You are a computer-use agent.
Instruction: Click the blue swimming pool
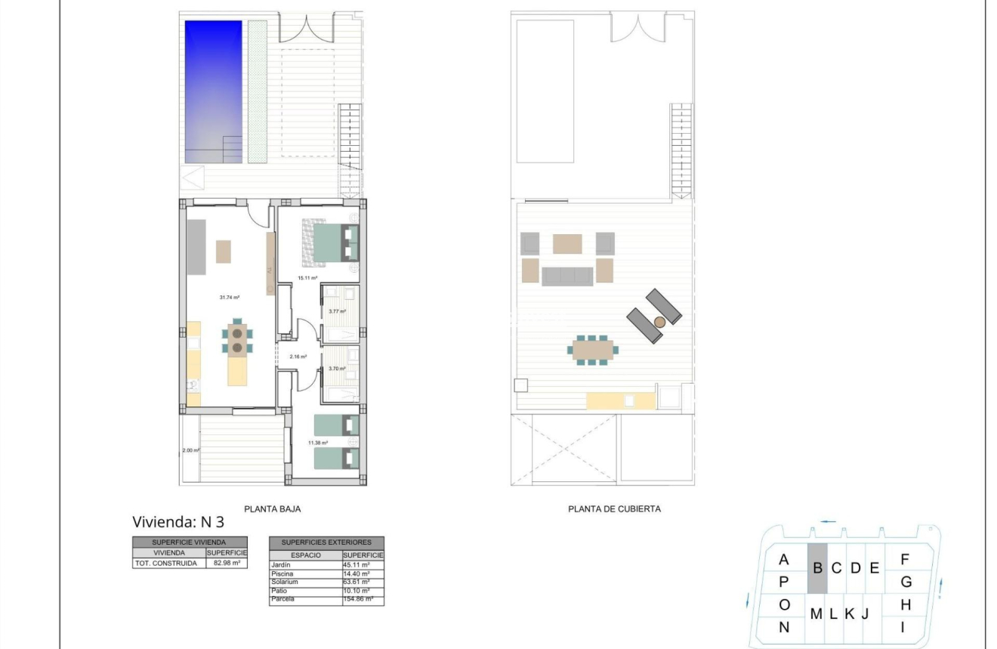click(x=214, y=91)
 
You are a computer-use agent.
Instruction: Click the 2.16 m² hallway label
click(x=298, y=355)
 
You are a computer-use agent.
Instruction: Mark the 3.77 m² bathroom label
click(x=337, y=311)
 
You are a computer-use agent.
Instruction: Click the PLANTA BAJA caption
click(x=272, y=509)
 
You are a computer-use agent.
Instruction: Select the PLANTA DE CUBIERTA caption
click(x=614, y=509)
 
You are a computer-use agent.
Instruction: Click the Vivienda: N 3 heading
click(x=178, y=522)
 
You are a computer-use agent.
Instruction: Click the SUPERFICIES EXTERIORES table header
click(x=326, y=542)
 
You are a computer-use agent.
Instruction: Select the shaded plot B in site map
click(x=817, y=567)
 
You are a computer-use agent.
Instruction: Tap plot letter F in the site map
click(x=905, y=560)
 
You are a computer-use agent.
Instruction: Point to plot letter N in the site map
click(x=784, y=626)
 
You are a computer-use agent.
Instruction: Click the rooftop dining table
click(x=593, y=350)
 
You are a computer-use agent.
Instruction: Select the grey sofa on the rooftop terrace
click(x=566, y=276)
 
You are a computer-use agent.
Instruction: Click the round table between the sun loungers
click(x=659, y=322)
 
